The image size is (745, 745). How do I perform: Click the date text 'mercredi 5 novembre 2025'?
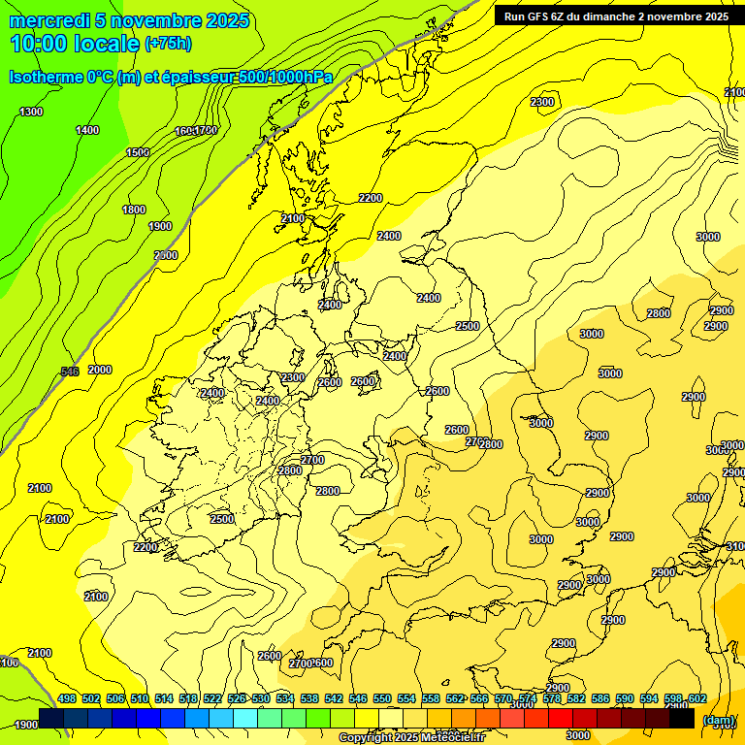(x=129, y=20)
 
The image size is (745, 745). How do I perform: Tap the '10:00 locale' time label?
(x=75, y=44)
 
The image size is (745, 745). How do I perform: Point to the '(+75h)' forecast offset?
(x=168, y=44)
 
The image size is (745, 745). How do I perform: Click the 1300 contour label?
(x=31, y=112)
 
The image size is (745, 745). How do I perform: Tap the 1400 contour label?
(x=87, y=130)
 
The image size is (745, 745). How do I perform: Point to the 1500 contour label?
(x=138, y=152)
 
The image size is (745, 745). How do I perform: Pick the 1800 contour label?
(x=134, y=210)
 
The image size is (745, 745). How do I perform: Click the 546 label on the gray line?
(x=70, y=372)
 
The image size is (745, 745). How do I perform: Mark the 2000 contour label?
(x=100, y=370)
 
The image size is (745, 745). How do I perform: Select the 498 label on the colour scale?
(x=67, y=698)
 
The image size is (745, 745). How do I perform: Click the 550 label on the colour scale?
(x=381, y=698)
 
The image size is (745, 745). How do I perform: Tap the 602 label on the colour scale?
(x=696, y=698)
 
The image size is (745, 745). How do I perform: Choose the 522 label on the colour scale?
(x=212, y=698)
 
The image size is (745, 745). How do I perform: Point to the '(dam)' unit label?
(x=719, y=719)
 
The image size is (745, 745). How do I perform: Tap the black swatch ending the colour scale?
(x=682, y=719)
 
